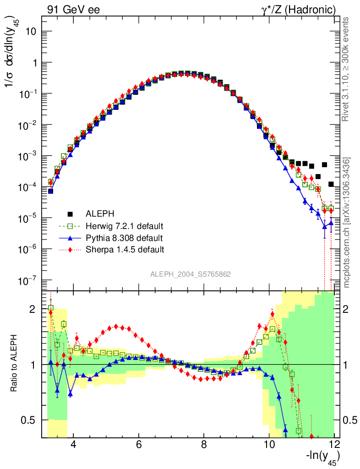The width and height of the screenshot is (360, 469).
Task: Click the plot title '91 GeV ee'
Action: [73, 10]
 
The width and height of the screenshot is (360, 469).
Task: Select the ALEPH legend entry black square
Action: [71, 213]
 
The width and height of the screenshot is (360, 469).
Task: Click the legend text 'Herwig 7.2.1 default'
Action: [125, 226]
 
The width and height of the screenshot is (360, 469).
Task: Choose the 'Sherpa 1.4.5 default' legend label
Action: [125, 250]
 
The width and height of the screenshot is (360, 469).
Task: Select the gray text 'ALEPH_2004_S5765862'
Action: [191, 274]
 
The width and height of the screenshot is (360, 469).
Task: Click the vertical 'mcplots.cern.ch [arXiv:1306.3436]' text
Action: [347, 223]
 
